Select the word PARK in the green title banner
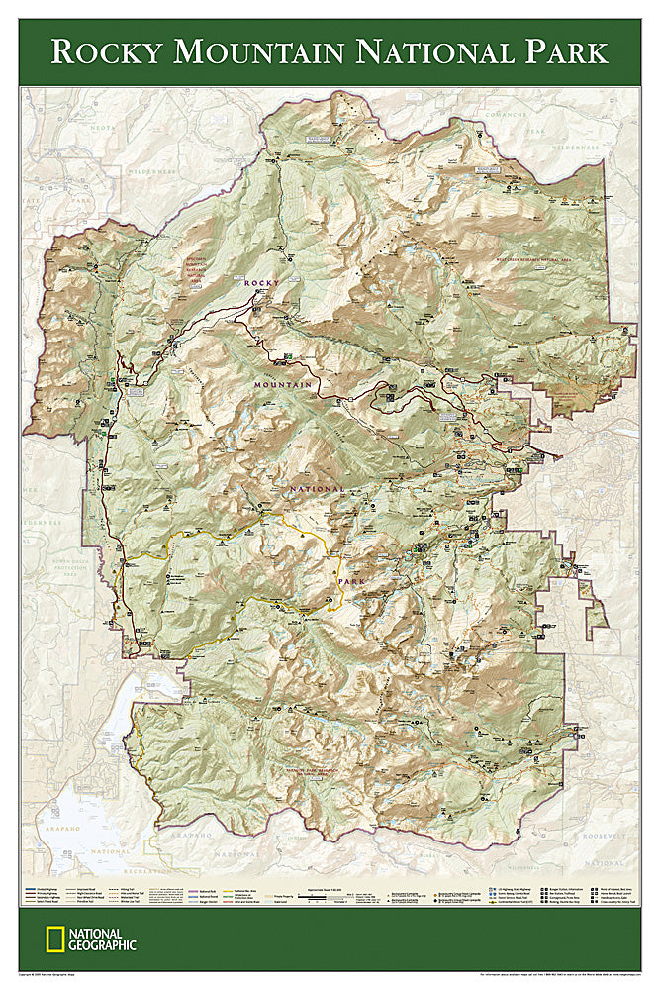tap(559, 50)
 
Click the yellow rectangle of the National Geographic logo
tap(52, 940)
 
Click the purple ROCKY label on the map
tap(262, 282)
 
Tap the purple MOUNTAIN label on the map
tap(283, 384)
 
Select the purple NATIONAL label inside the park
tap(317, 489)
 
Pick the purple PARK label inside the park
tap(352, 582)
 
